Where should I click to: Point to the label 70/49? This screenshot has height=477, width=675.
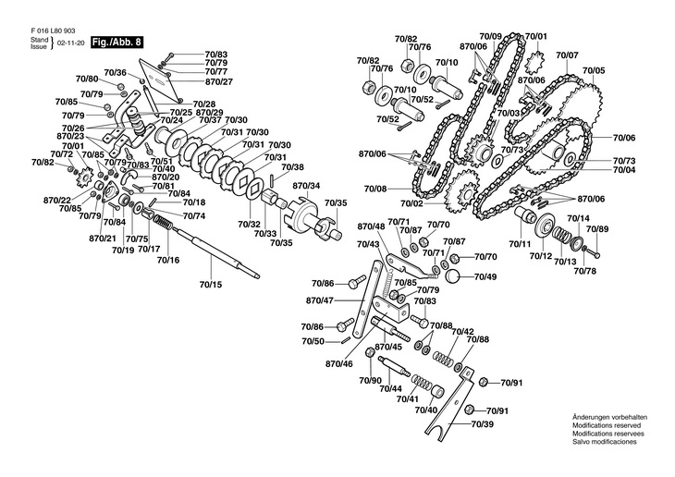[485, 276]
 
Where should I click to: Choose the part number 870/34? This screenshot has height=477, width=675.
[306, 186]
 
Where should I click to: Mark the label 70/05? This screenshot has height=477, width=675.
[594, 70]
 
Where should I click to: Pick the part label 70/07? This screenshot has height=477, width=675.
[567, 55]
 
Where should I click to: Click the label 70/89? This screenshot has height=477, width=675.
[598, 229]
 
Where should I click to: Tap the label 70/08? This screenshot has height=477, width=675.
[375, 189]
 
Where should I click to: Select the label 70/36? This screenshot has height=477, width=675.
[115, 72]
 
